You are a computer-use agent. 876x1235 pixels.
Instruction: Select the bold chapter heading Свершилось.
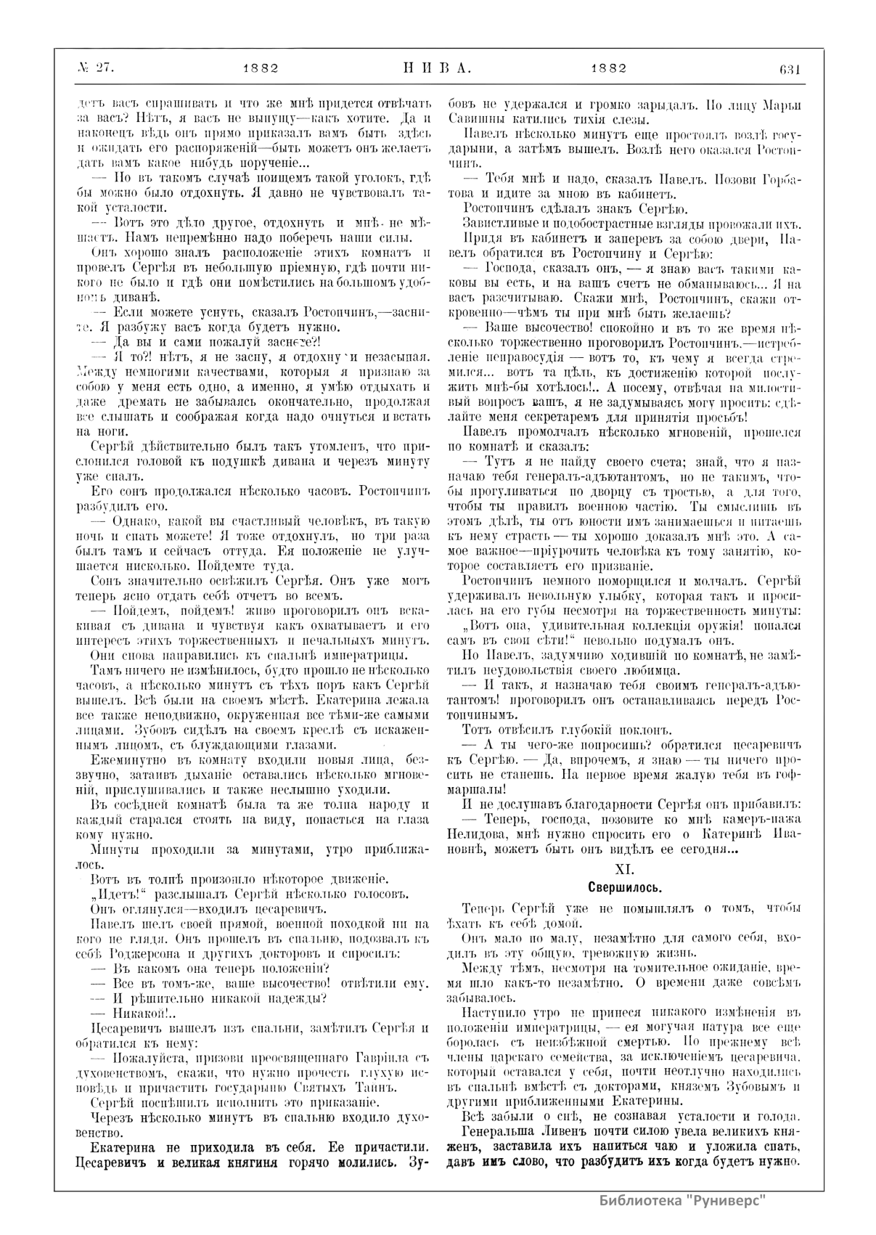(x=623, y=887)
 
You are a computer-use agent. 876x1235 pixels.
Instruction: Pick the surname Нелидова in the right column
(x=477, y=833)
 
